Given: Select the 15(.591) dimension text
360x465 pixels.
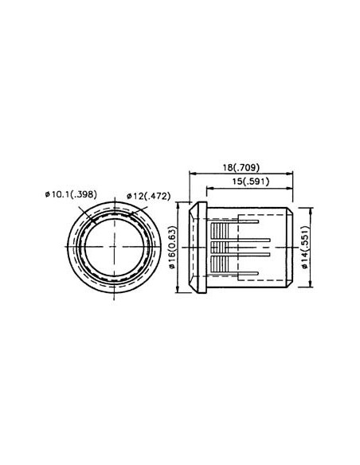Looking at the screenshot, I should tap(251, 182).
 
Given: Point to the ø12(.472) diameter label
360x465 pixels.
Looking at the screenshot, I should tap(149, 195).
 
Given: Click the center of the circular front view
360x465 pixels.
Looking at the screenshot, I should tap(116, 248).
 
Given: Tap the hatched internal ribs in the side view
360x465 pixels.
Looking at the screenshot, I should tap(231, 248).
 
